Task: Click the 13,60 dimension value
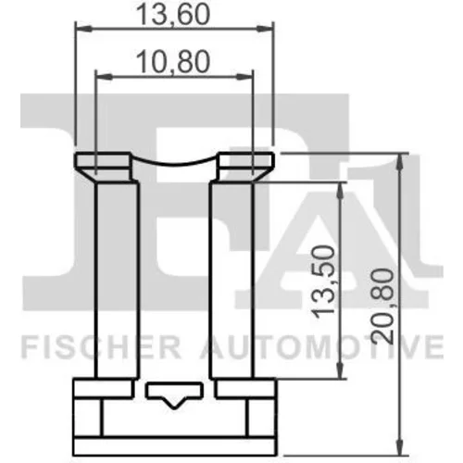tap(173, 14)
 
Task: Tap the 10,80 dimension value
tap(173, 62)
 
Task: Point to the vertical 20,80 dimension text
tap(382, 307)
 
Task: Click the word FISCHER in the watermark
tap(101, 348)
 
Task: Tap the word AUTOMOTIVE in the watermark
tap(321, 348)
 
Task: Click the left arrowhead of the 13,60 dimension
tap(84, 29)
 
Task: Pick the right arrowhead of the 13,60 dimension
tap(266, 29)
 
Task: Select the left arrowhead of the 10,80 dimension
tap(104, 77)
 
